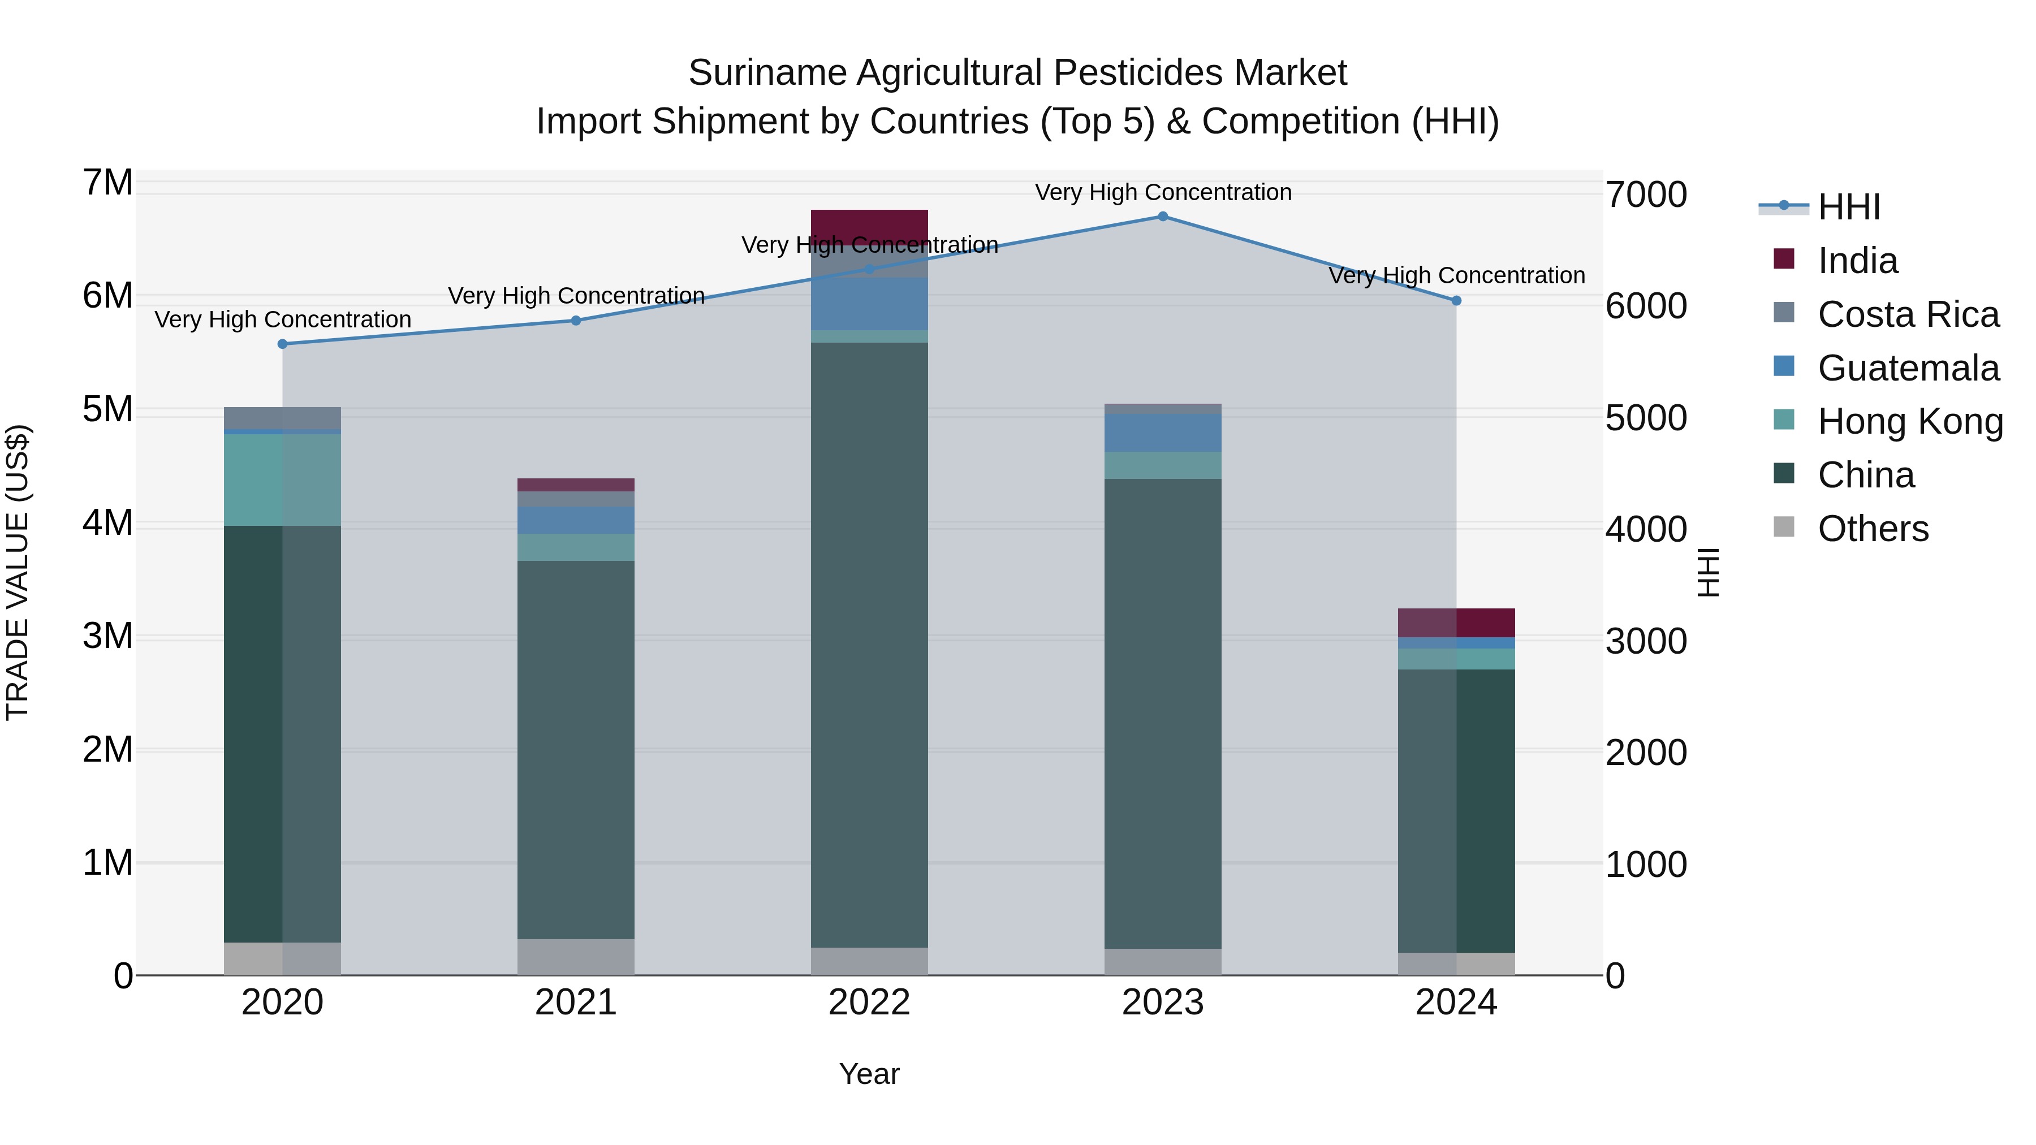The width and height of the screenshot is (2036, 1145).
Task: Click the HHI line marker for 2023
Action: [x=1163, y=217]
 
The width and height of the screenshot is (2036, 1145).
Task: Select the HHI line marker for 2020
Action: [x=283, y=344]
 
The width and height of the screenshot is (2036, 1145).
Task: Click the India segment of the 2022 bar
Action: [x=869, y=227]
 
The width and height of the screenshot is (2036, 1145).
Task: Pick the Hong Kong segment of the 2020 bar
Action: [x=283, y=479]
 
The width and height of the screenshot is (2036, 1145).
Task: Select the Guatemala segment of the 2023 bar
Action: [x=1163, y=433]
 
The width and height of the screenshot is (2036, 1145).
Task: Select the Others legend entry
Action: [x=1873, y=529]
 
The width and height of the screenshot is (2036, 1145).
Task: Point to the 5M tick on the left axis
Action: [x=107, y=409]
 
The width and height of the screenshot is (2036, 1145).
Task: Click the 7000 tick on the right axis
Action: [x=1646, y=195]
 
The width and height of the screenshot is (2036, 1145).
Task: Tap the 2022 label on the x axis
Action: [x=869, y=1003]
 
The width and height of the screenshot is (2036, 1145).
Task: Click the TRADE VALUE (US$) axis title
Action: [x=18, y=572]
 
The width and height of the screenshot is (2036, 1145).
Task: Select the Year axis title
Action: [x=869, y=1074]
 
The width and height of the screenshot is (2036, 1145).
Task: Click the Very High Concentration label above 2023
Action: [x=1163, y=192]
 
